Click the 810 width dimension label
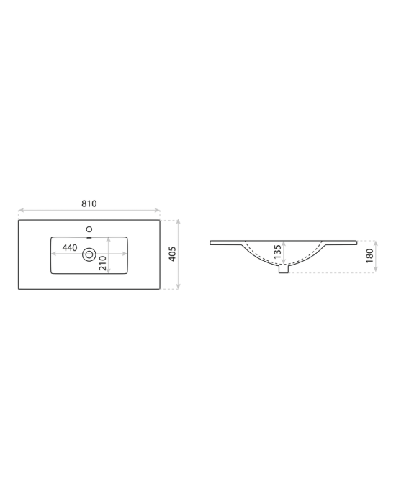[89, 203]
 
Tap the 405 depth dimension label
[172, 254]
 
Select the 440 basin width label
[70, 248]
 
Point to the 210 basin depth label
[102, 263]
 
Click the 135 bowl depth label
[277, 252]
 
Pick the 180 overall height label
[369, 255]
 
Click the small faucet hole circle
[89, 229]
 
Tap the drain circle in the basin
[89, 254]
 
